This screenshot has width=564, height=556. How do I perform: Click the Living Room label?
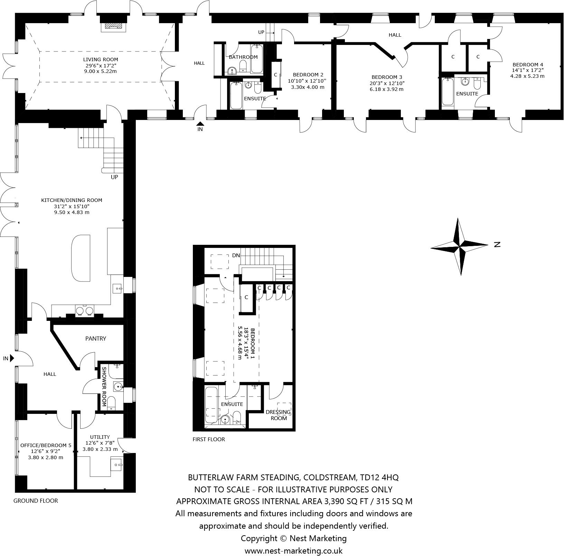click(101, 59)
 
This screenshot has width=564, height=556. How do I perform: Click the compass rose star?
click(460, 247)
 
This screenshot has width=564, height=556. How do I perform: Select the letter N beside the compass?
click(497, 244)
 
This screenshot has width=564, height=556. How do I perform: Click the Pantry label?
click(96, 339)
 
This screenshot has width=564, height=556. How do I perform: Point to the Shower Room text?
click(104, 387)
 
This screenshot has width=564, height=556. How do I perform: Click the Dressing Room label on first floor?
click(278, 415)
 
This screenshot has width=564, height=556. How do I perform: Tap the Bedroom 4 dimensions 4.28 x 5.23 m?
click(527, 76)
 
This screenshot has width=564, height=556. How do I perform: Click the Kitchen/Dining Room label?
click(72, 200)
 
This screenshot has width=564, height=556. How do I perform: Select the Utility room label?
click(100, 437)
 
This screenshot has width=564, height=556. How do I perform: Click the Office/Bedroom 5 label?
click(46, 445)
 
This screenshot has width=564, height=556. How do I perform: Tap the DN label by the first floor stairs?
click(236, 256)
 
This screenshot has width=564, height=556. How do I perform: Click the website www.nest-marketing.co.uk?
click(293, 550)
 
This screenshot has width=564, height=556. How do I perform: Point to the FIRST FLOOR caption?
click(209, 439)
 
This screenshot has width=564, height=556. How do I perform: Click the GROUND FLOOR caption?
click(36, 501)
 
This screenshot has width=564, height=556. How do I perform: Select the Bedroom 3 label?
click(387, 77)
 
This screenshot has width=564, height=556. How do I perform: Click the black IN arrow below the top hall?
click(200, 123)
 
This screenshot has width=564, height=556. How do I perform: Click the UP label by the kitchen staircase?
click(114, 177)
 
